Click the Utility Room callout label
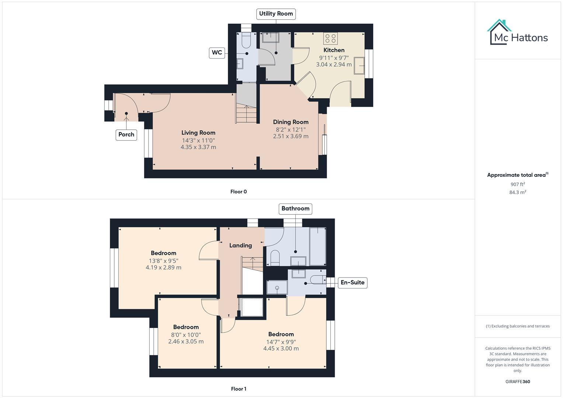(x=276, y=14)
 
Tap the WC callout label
(x=217, y=53)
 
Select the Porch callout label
(x=126, y=135)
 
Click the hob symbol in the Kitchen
(x=330, y=39)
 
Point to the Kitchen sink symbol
(x=359, y=66)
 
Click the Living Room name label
(x=198, y=133)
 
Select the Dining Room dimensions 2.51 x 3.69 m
(x=291, y=136)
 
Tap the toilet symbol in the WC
(x=246, y=41)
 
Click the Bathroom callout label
(x=295, y=209)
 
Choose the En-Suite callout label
(x=352, y=283)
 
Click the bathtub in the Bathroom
(x=317, y=246)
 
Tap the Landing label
(x=240, y=245)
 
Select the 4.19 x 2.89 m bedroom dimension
(x=163, y=268)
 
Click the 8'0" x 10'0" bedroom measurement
(x=186, y=335)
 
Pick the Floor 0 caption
(x=239, y=192)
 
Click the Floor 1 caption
(x=239, y=389)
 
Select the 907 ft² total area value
(x=518, y=184)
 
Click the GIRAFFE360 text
(x=518, y=382)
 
